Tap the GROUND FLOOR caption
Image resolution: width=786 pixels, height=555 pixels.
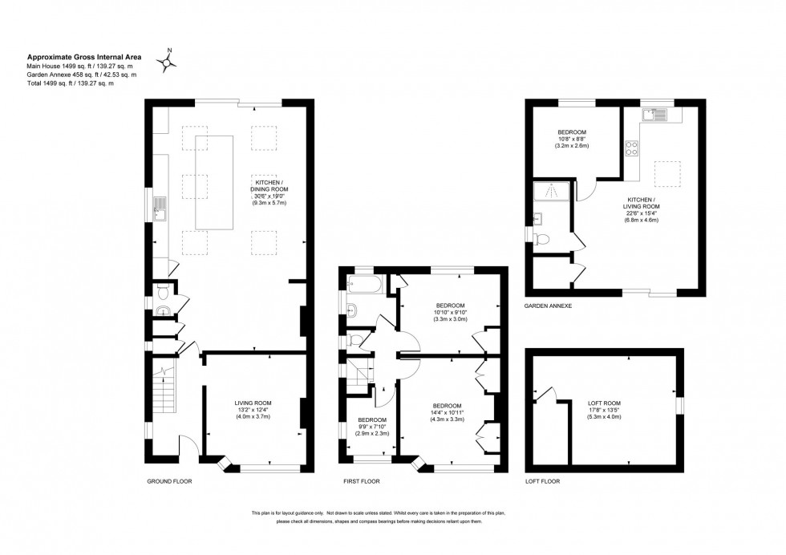[169, 481]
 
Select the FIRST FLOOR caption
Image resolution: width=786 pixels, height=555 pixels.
[360, 481]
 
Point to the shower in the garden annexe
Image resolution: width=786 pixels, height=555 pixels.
[552, 191]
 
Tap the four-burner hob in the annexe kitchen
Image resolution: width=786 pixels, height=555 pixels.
[631, 148]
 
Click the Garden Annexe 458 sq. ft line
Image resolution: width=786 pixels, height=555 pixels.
[82, 75]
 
